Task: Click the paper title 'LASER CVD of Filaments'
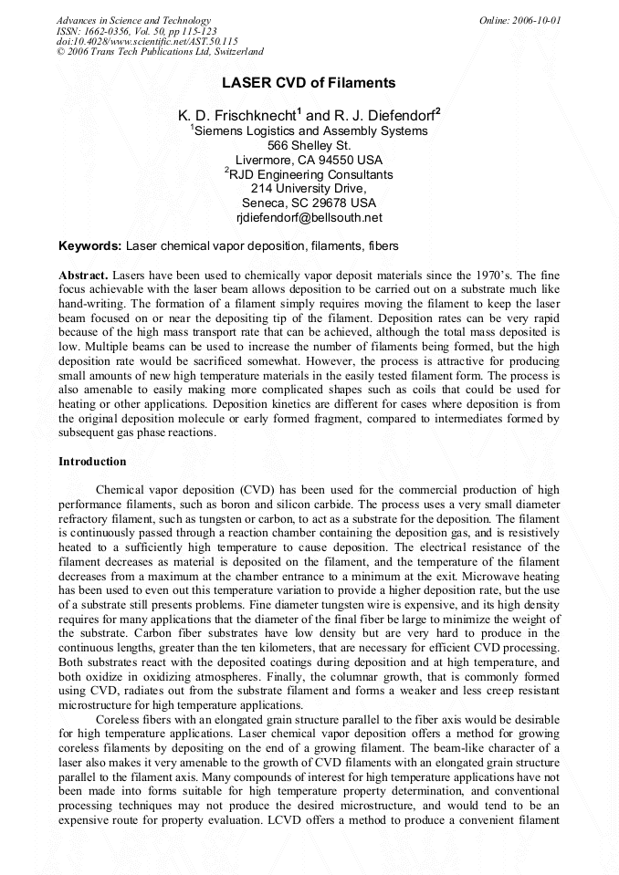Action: coord(309,83)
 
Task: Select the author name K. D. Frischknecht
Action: coord(239,116)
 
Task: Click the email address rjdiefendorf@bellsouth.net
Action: coord(309,218)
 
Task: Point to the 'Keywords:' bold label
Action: coord(89,246)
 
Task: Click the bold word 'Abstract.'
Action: coord(84,275)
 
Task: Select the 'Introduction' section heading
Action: coord(92,462)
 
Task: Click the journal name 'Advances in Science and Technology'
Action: coord(133,20)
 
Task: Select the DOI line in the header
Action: coord(147,41)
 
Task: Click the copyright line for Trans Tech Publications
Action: coord(160,52)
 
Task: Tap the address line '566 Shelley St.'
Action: coord(309,145)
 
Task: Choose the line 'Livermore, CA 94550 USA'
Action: coord(309,160)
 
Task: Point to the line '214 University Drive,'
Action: coord(309,189)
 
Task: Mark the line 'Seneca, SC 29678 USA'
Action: coord(309,203)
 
